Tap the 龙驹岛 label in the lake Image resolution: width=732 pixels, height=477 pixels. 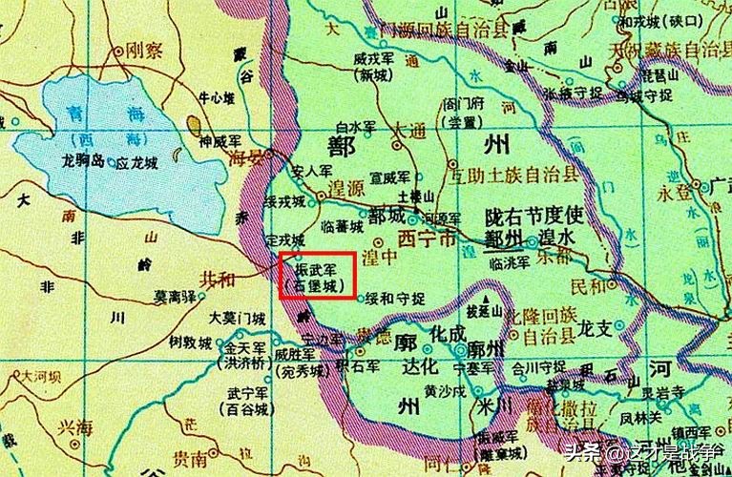[x=82, y=160]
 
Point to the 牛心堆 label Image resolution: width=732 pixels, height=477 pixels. [x=215, y=97]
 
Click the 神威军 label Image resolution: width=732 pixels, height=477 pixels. [x=217, y=142]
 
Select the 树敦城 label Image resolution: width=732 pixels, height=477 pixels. [x=188, y=341]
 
